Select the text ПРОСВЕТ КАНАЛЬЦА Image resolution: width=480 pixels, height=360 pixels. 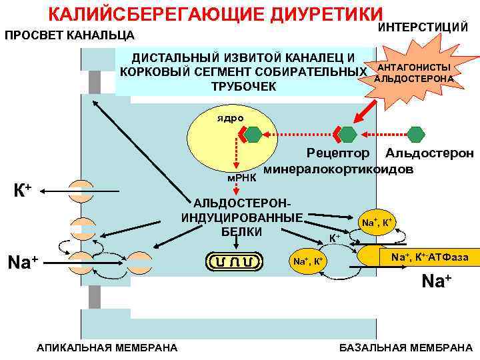pos(69,35)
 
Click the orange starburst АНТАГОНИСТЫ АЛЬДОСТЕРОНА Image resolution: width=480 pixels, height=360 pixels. pos(413,74)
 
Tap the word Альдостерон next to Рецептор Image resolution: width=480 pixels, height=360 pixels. pos(429,153)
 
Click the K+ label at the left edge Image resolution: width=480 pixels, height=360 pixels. pos(23,191)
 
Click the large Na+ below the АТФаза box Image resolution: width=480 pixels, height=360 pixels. pos(437,281)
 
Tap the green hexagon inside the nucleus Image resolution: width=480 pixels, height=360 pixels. pos(253,135)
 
